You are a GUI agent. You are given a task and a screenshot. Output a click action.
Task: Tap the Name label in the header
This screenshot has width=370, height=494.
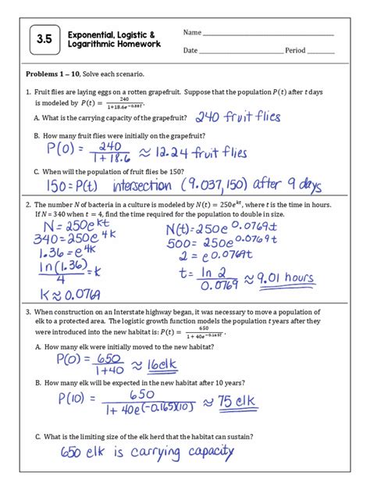tap(191, 33)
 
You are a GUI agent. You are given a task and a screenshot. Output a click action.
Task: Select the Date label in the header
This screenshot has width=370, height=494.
tap(190, 50)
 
